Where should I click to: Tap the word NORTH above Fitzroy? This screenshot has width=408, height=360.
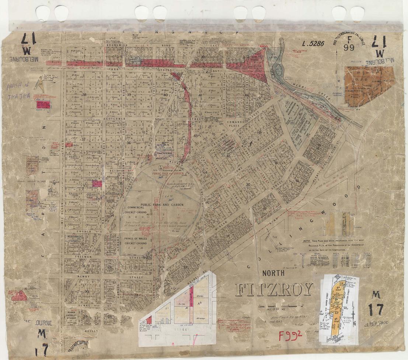coord(274,273)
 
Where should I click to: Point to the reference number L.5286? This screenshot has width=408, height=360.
coord(313,43)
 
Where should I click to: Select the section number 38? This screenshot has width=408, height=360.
coord(84,95)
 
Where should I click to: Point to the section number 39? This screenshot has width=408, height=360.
coord(129,95)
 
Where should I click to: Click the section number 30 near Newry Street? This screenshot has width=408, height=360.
coord(86,291)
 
